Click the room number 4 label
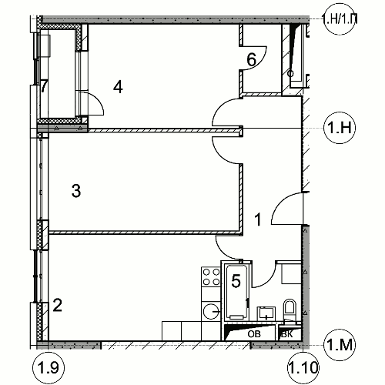118,86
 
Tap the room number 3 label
76,191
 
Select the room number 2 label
57,306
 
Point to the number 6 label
252,59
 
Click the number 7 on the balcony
44,86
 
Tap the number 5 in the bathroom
236,280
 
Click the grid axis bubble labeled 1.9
49,368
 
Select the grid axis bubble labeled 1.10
303,368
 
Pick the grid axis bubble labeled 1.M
340,345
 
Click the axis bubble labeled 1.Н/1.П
340,19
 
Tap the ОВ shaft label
254,334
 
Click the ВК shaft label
287,334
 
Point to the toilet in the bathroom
290,310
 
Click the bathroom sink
266,313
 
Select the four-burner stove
211,276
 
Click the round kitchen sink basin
210,311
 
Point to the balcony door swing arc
99,101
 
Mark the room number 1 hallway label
257,219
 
